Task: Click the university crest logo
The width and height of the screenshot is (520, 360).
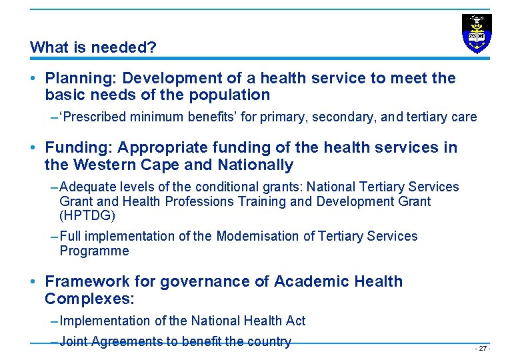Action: [x=477, y=33]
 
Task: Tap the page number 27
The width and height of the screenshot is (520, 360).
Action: [x=481, y=349]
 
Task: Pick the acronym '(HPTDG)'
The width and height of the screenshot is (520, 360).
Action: [x=87, y=216]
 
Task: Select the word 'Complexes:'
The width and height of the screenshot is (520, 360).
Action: [x=89, y=299]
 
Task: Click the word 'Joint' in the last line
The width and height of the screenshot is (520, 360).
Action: [x=73, y=342]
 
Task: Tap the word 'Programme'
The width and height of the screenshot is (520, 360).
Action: [x=94, y=251]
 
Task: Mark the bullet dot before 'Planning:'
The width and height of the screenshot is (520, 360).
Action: [x=33, y=79]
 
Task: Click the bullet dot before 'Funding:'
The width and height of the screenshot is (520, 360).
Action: [x=33, y=148]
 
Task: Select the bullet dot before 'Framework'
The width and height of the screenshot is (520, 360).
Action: [x=33, y=282]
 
